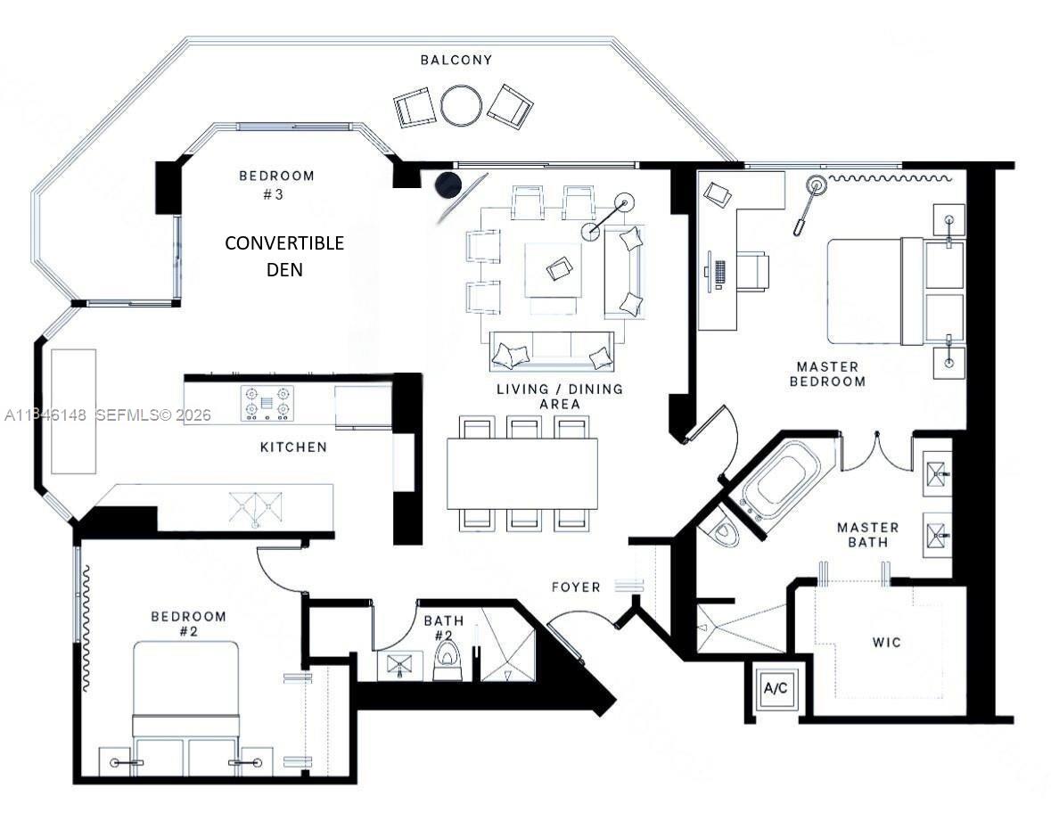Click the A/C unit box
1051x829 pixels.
[x=773, y=688]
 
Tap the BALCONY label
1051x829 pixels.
[x=456, y=60]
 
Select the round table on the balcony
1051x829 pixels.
[x=461, y=105]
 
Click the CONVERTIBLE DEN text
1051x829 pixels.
[x=284, y=255]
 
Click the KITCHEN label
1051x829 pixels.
[x=293, y=447]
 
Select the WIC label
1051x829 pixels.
[x=887, y=643]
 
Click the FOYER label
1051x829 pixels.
[x=576, y=587]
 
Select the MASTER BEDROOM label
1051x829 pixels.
[x=830, y=373]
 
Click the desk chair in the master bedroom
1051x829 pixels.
[x=753, y=272]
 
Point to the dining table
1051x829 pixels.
[x=521, y=473]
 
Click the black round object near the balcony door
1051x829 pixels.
[x=447, y=185]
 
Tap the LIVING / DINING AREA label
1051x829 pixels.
[x=560, y=397]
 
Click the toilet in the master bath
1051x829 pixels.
[x=723, y=533]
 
